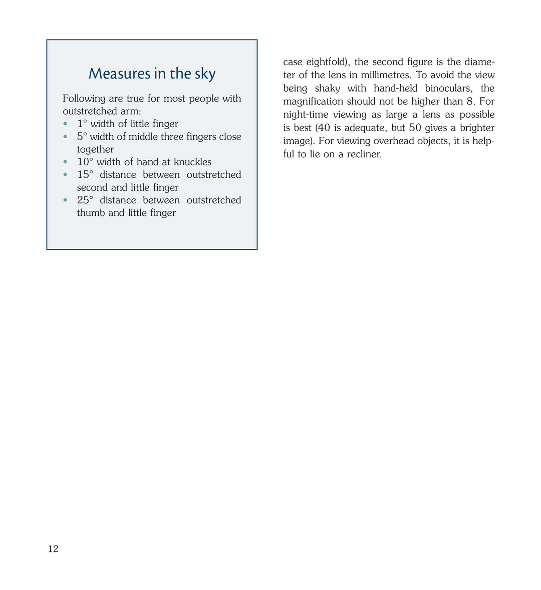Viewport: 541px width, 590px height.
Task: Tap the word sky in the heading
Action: point(205,74)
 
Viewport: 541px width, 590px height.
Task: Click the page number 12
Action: point(53,549)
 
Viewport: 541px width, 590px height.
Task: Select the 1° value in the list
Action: point(82,124)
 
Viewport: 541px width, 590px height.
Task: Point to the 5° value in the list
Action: point(82,137)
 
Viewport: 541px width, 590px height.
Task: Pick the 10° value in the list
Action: point(85,162)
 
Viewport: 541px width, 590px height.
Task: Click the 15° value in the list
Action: point(85,175)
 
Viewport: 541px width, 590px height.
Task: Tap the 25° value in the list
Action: point(85,200)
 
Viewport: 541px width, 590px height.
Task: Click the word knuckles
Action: point(192,162)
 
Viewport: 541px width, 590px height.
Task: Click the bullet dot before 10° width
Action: point(65,162)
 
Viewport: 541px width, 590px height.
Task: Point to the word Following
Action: point(84,99)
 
